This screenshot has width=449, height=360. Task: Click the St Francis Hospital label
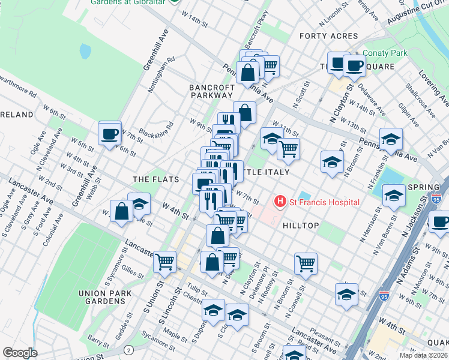pos(324,202)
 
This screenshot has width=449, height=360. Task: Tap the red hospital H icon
pos(279,202)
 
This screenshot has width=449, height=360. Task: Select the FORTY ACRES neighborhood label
pos(329,36)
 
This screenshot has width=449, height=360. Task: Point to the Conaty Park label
pos(384,53)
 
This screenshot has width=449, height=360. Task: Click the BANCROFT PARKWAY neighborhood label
pos(211,91)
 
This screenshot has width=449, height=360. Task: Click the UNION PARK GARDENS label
pos(100,298)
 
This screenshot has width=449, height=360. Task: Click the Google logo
pos(20,353)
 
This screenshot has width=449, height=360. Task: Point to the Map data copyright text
pos(423,355)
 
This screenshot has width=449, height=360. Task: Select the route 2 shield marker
pos(128,350)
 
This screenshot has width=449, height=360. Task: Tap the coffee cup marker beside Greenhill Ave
pos(110,134)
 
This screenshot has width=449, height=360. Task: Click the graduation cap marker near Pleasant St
pos(346,294)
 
